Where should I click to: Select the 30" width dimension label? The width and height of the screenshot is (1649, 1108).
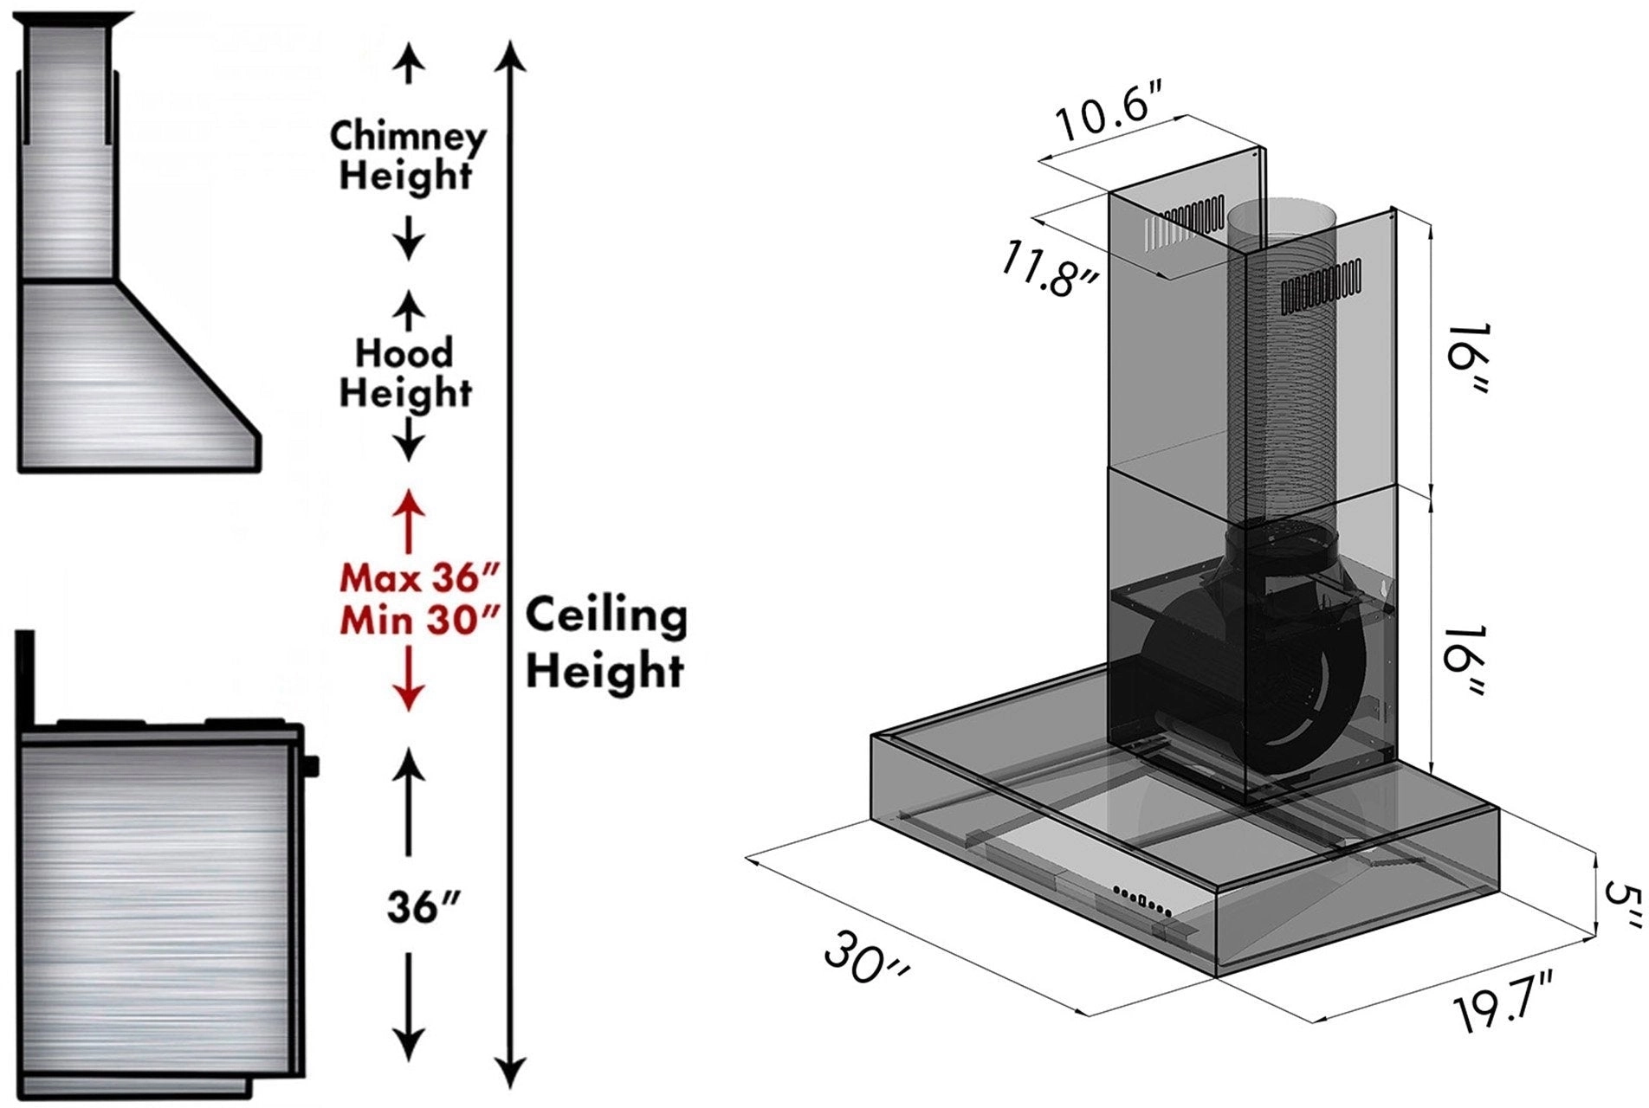click(x=866, y=957)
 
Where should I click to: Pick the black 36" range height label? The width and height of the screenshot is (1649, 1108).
click(x=422, y=907)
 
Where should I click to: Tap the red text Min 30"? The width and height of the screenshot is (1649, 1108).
click(x=421, y=620)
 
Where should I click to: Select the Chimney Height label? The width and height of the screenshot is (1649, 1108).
click(x=407, y=156)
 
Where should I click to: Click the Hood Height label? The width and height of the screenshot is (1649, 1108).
click(x=405, y=373)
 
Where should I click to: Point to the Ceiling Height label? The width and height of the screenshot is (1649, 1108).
click(x=606, y=642)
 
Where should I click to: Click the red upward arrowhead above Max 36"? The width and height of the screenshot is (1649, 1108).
click(x=409, y=502)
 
